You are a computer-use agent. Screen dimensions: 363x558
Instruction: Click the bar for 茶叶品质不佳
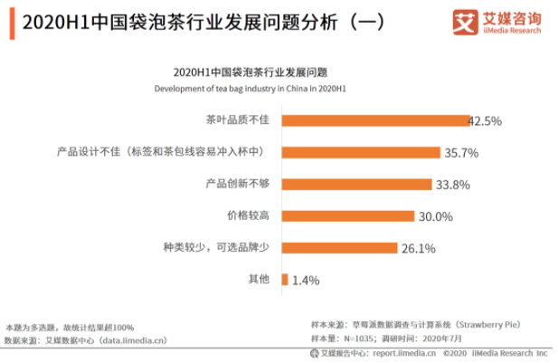pyautogui.click(x=374, y=119)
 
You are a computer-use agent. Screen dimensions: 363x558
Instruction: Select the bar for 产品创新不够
pyautogui.click(x=356, y=184)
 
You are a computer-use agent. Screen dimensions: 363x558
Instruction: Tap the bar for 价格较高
pyautogui.click(x=347, y=215)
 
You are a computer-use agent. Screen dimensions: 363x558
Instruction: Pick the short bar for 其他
pyautogui.click(x=285, y=280)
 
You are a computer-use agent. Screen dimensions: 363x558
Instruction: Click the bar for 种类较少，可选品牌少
pyautogui.click(x=339, y=247)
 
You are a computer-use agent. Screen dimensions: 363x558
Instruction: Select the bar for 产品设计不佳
pyautogui.click(x=361, y=151)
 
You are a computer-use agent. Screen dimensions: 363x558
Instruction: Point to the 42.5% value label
pyautogui.click(x=485, y=120)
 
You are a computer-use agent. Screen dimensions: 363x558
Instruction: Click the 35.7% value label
pyautogui.click(x=461, y=152)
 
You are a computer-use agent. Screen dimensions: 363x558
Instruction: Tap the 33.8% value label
pyautogui.click(x=453, y=185)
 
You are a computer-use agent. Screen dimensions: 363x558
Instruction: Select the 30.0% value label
pyautogui.click(x=435, y=216)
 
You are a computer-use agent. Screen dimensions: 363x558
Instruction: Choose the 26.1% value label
pyautogui.click(x=419, y=248)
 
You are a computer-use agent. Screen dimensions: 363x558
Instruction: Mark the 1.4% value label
pyautogui.click(x=307, y=281)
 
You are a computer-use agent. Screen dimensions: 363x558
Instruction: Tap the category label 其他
pyautogui.click(x=259, y=280)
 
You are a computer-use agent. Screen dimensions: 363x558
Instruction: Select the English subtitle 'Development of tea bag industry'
pyautogui.click(x=250, y=89)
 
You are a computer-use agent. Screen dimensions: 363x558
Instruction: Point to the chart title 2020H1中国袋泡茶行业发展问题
pyautogui.click(x=250, y=72)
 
